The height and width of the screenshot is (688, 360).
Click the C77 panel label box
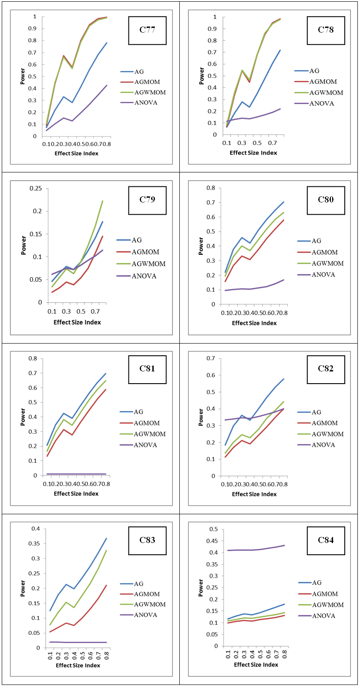tap(147, 30)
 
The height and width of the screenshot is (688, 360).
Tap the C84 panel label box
tap(326, 540)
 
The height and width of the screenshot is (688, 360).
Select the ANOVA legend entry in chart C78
tap(314, 104)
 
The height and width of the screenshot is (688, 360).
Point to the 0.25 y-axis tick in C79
tap(36, 189)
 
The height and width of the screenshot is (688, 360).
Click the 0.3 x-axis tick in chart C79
tap(66, 311)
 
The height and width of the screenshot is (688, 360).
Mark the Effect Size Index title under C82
tap(254, 494)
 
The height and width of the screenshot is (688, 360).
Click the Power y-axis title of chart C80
tap(201, 246)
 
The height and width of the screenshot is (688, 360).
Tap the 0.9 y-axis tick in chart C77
tap(33, 29)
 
